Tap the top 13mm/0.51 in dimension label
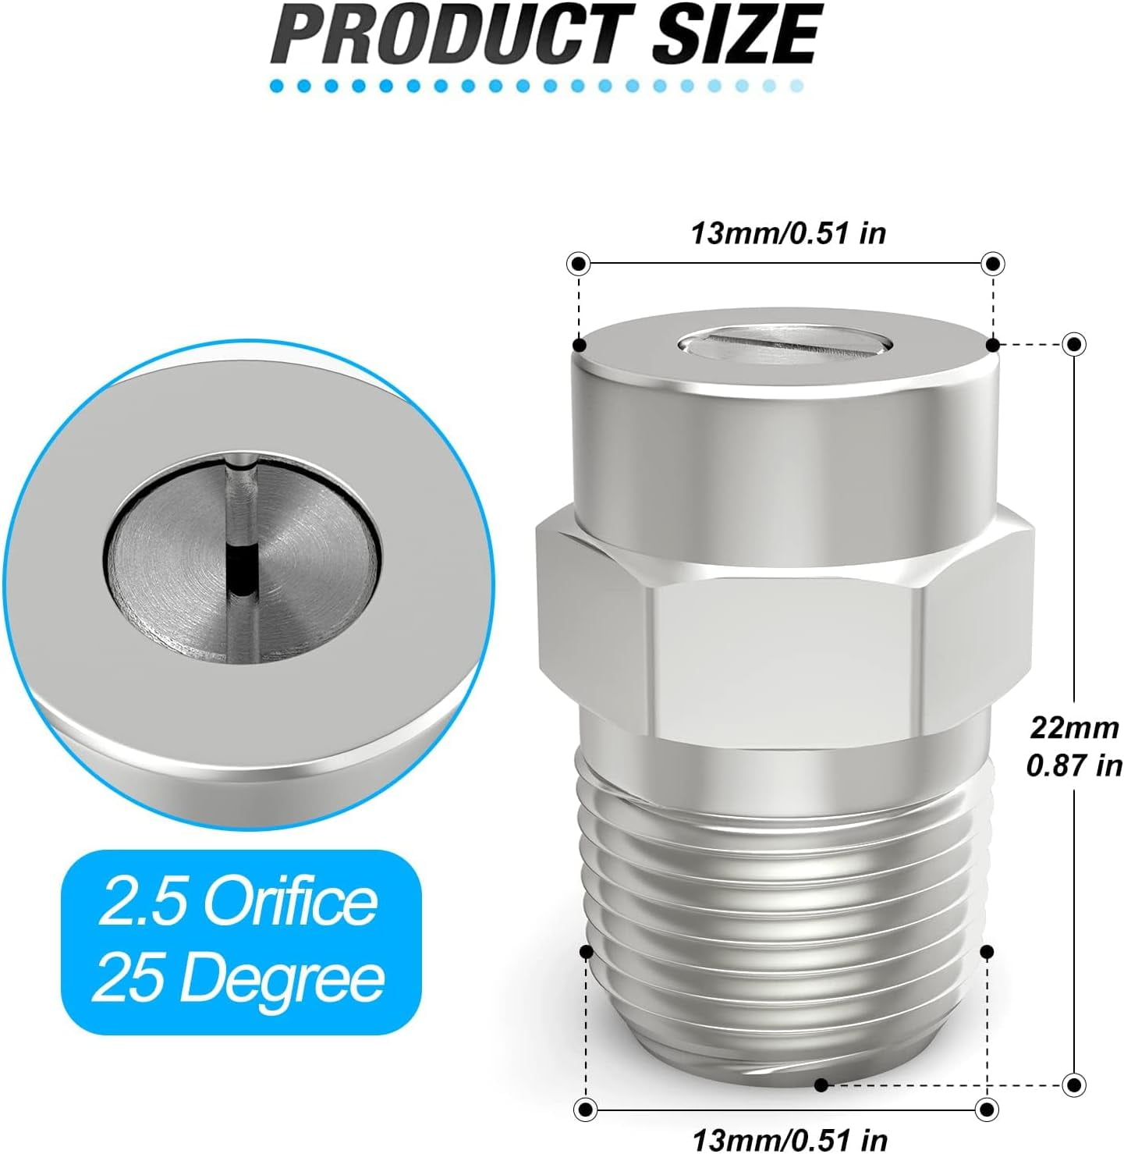pos(788,233)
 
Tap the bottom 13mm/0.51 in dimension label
pos(789,1138)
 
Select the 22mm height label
pos(1074,727)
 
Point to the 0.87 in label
pos(1074,765)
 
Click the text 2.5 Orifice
pos(238,903)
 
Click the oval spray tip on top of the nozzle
pos(785,343)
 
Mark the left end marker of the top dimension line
pos(579,264)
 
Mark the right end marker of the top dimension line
pos(992,264)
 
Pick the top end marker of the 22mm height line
pos(1075,343)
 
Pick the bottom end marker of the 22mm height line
pos(1075,1084)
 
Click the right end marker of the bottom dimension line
pos(987,1109)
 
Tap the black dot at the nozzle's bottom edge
pos(821,1085)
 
